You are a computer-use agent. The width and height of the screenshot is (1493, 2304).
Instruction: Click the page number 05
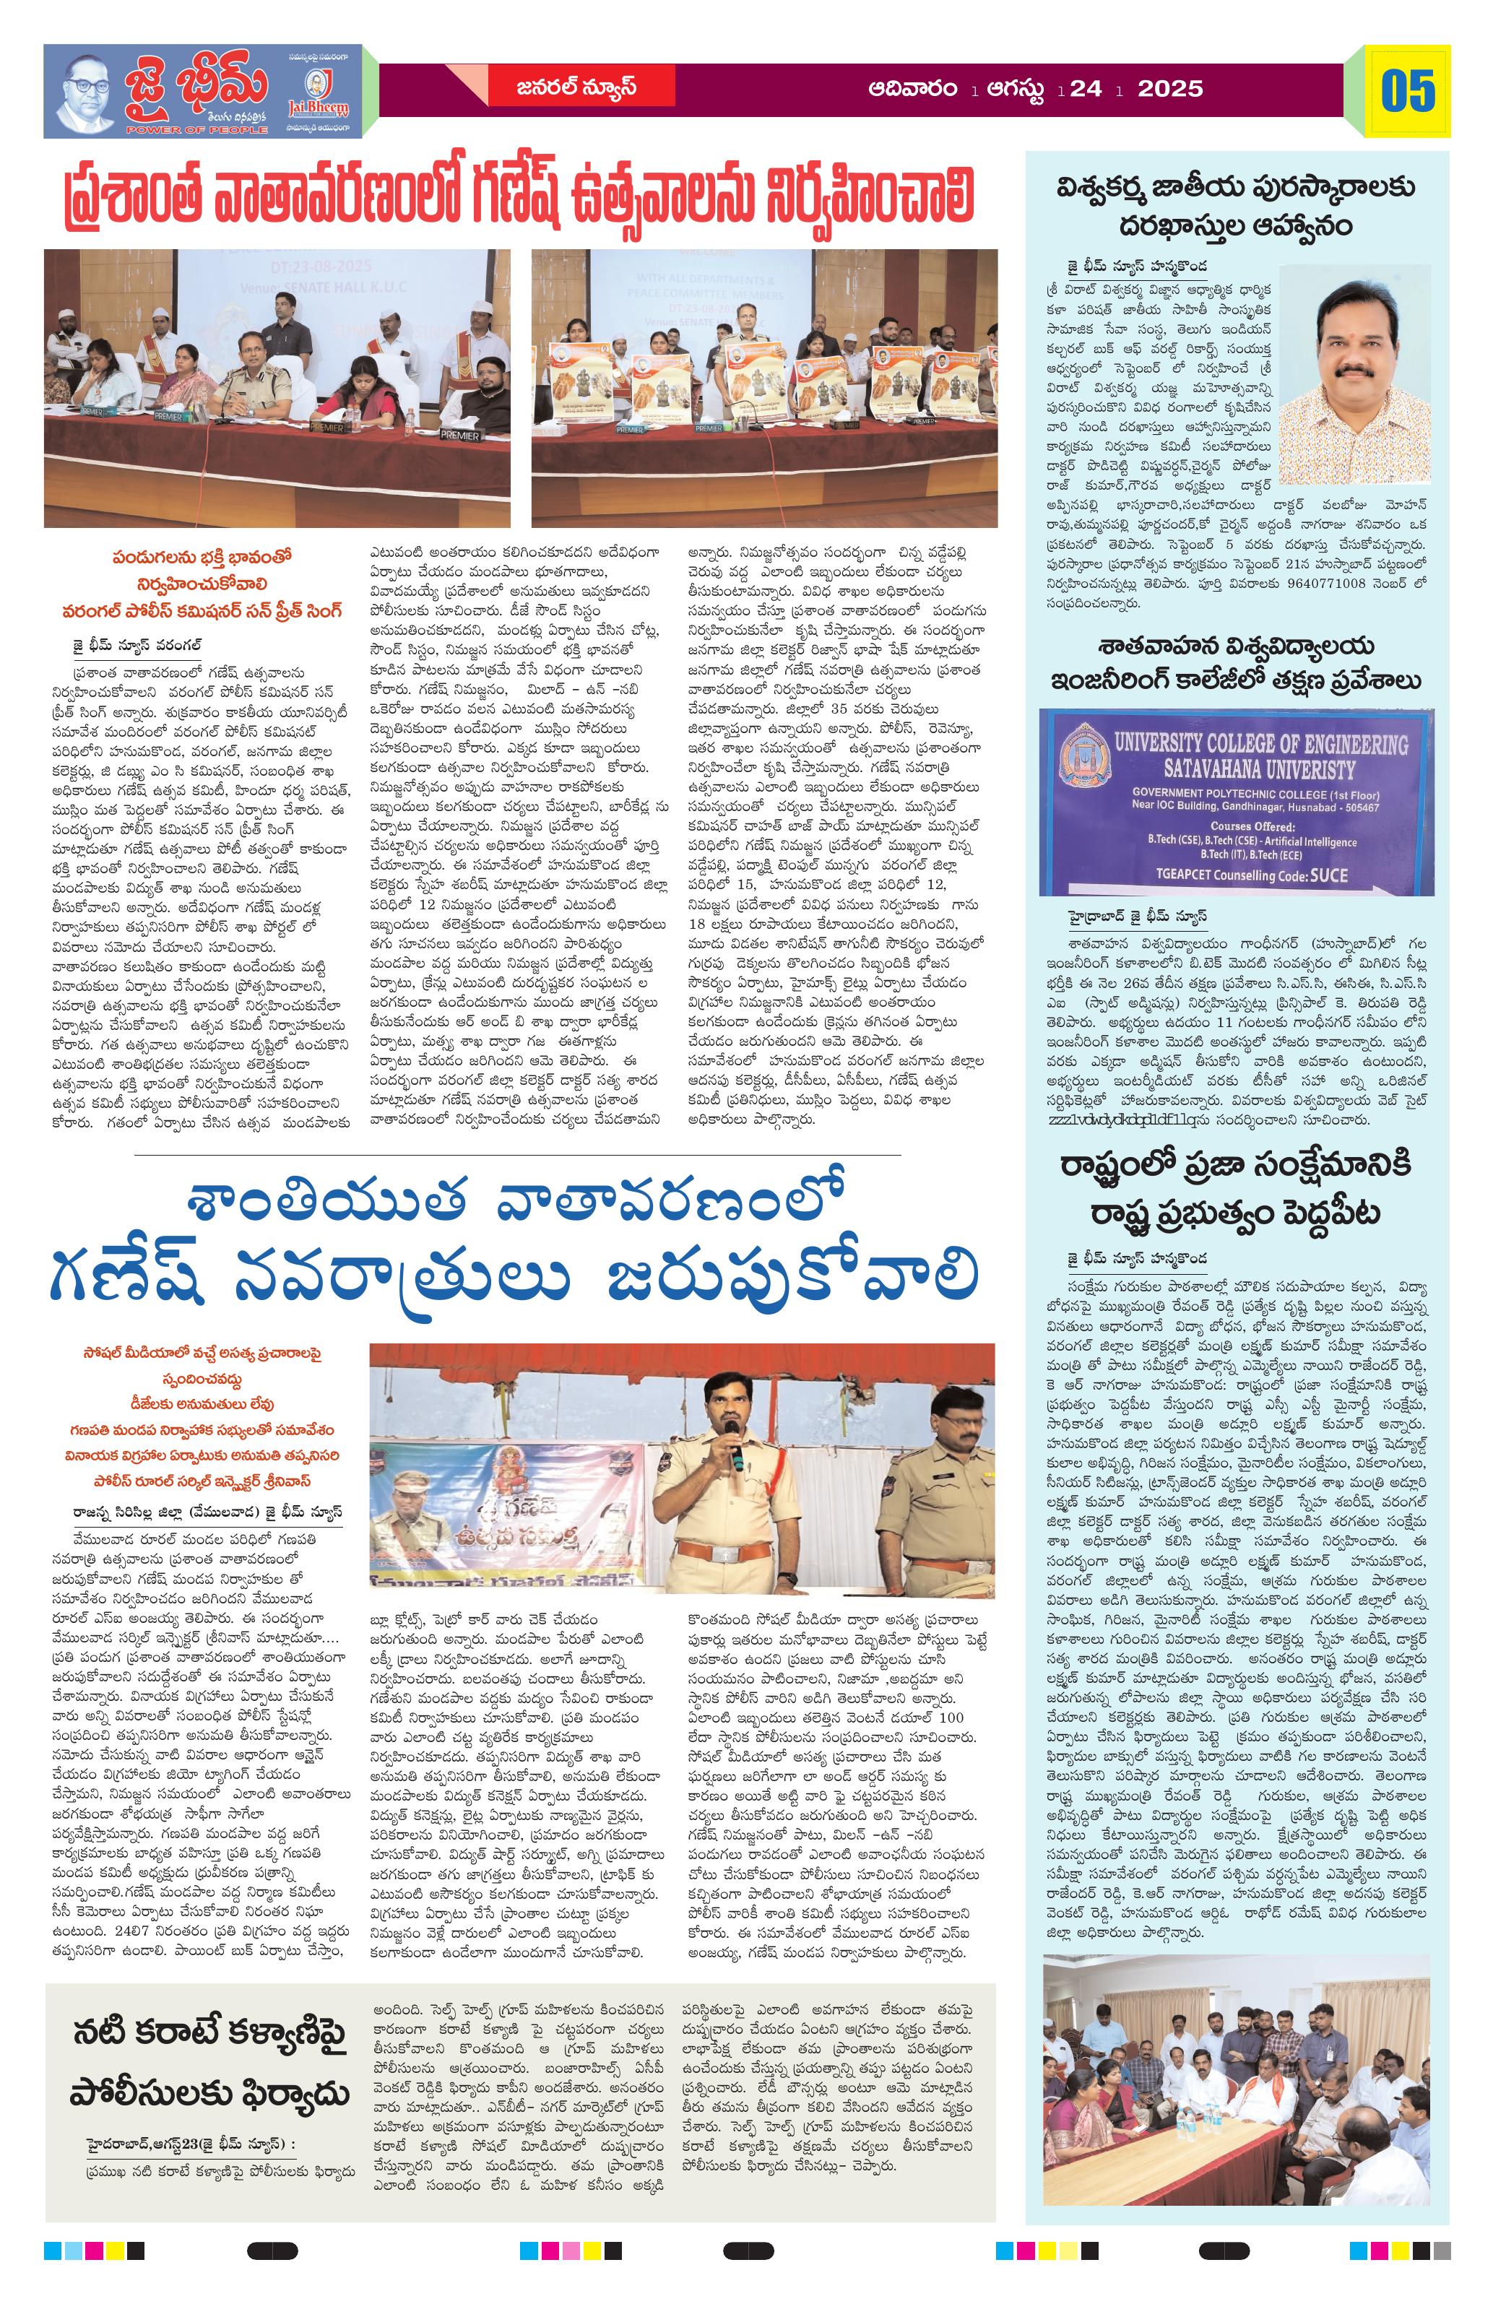1408,90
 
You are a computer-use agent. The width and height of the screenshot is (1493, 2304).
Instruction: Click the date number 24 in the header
1087,89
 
